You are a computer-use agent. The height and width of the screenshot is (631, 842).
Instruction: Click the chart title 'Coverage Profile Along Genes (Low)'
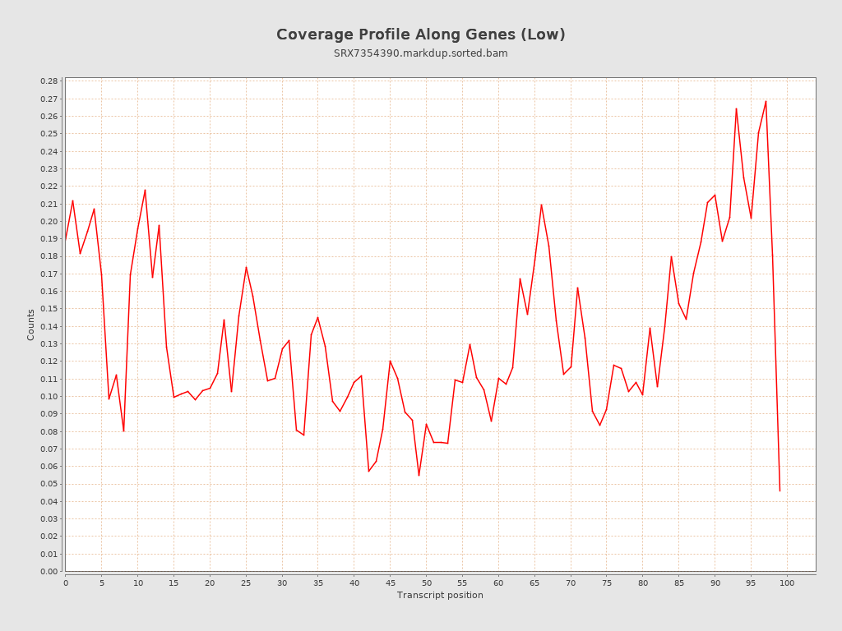[x=420, y=35]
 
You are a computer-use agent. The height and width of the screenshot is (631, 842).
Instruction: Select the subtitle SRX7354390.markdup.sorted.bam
[x=420, y=53]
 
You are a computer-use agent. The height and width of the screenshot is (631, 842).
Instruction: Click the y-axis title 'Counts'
[x=31, y=325]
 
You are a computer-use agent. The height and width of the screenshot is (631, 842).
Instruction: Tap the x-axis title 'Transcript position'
[x=440, y=595]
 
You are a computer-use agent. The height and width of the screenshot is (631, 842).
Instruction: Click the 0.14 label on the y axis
[x=49, y=326]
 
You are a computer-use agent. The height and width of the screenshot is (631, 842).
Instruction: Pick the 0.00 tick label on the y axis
[x=49, y=571]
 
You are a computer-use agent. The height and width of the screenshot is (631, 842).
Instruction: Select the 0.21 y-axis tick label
[x=49, y=204]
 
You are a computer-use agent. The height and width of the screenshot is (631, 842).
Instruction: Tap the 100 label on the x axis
[x=787, y=583]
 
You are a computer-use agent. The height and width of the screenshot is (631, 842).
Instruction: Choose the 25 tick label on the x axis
[x=246, y=583]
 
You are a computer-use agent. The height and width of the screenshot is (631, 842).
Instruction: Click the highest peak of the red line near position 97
[x=766, y=101]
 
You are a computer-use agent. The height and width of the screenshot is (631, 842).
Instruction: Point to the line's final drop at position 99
[x=780, y=491]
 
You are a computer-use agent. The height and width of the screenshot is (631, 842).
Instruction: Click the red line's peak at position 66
[x=541, y=205]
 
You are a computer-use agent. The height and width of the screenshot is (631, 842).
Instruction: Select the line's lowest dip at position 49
[x=419, y=475]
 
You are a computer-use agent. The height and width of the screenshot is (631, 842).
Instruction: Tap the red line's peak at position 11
[x=145, y=190]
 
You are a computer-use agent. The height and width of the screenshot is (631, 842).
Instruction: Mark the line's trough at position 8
[x=123, y=431]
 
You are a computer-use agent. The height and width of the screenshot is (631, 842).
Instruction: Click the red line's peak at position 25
[x=246, y=267]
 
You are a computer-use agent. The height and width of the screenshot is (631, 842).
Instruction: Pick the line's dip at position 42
[x=368, y=471]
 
